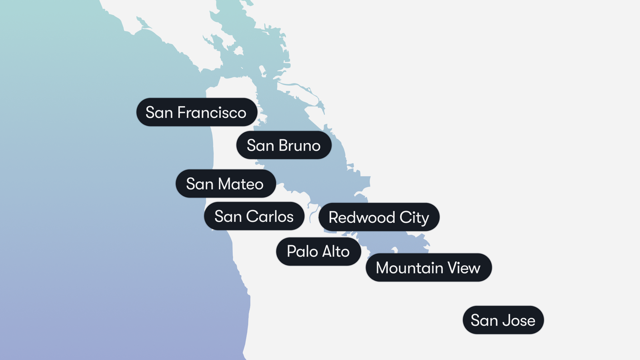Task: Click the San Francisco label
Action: click(x=196, y=112)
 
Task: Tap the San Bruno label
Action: click(x=284, y=145)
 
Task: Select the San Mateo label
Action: click(x=225, y=184)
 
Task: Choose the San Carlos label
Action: click(x=254, y=216)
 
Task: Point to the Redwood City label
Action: click(x=379, y=217)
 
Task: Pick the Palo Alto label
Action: click(x=318, y=252)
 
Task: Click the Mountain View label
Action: click(x=428, y=268)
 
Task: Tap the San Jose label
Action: click(x=503, y=320)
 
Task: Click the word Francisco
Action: click(x=212, y=113)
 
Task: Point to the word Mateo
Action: click(x=241, y=184)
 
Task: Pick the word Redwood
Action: click(x=362, y=218)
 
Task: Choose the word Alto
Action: click(x=336, y=252)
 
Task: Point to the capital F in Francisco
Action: click(x=181, y=113)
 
